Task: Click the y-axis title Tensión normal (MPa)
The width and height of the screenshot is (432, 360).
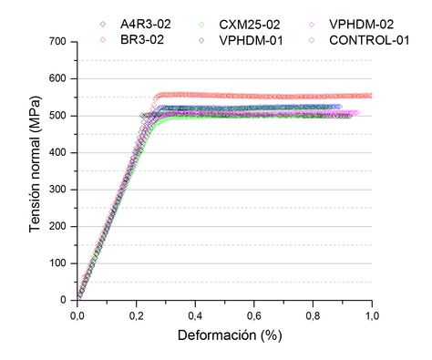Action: tap(35, 170)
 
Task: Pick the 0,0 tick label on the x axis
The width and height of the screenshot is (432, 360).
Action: tap(77, 314)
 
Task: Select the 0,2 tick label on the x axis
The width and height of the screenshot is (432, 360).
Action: tap(136, 314)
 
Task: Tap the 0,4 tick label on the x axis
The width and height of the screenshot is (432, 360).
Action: tap(195, 314)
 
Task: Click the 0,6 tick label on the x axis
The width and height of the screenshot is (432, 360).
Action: tap(254, 314)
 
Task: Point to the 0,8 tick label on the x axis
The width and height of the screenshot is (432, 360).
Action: tap(313, 314)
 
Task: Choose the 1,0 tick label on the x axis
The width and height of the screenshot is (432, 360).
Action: tap(371, 314)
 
